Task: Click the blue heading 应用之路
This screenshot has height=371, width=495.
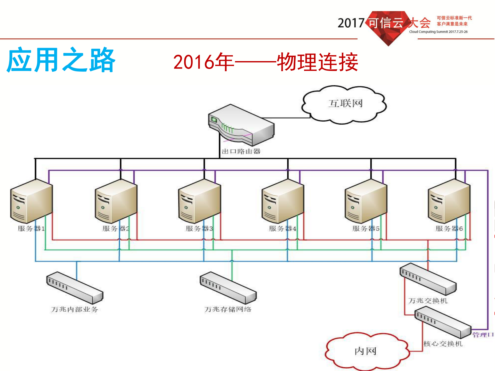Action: pyautogui.click(x=61, y=60)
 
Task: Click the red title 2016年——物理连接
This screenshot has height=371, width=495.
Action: pyautogui.click(x=265, y=62)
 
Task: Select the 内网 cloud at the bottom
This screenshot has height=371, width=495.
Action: pyautogui.click(x=366, y=351)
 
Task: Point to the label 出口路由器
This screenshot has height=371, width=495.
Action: pyautogui.click(x=241, y=151)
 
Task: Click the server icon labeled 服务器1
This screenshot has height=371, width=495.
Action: pyautogui.click(x=31, y=201)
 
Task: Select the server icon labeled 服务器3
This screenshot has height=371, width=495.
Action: pyautogui.click(x=199, y=201)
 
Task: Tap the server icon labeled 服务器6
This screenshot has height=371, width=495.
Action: pyautogui.click(x=449, y=201)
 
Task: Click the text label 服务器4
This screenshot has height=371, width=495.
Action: pyautogui.click(x=282, y=228)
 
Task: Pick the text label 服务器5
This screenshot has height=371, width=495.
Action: pyautogui.click(x=366, y=228)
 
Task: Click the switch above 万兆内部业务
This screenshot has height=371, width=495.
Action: pyautogui.click(x=75, y=287)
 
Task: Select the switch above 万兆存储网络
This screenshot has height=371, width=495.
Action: pyautogui.click(x=228, y=287)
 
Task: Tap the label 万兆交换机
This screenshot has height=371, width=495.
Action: pyautogui.click(x=427, y=301)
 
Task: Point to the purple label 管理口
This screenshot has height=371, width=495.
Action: pyautogui.click(x=483, y=335)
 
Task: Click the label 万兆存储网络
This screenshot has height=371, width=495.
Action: pyautogui.click(x=228, y=309)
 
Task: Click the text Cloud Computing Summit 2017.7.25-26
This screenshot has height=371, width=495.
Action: pyautogui.click(x=438, y=32)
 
